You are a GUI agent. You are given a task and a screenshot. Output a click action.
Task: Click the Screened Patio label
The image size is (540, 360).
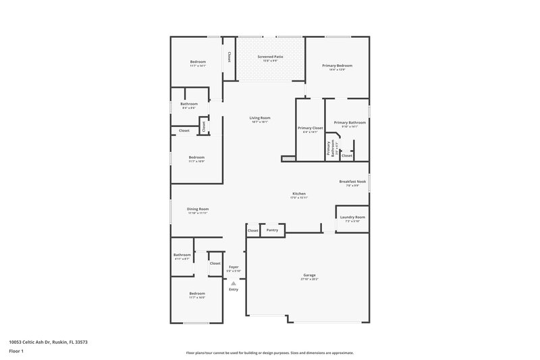(x=265, y=57)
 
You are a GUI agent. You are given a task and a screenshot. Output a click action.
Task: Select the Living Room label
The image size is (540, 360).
(x=260, y=118)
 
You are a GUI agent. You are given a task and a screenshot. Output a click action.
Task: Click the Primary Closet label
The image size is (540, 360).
(x=310, y=128)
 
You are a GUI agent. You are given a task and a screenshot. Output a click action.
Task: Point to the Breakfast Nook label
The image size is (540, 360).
(x=352, y=181)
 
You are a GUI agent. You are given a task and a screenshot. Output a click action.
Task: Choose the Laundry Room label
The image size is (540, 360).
(x=352, y=217)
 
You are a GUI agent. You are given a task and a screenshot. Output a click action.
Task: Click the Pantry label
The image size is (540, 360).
(x=272, y=230)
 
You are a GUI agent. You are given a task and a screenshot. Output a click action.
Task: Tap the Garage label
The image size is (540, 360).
(x=309, y=276)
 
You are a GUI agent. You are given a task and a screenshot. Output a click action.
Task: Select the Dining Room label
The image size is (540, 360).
(x=198, y=209)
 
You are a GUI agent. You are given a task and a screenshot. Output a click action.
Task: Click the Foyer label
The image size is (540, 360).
(x=233, y=267)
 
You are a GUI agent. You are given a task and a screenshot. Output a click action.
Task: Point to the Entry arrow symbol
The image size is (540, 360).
(x=233, y=284)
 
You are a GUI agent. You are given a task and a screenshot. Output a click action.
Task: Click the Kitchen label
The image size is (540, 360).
(x=298, y=193)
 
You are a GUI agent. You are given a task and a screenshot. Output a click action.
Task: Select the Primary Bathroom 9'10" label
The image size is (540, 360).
(x=354, y=122)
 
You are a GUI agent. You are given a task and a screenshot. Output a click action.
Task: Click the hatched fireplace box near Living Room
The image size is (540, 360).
(x=288, y=159)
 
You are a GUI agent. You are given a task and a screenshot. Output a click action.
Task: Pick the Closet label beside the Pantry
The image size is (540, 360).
(x=253, y=230)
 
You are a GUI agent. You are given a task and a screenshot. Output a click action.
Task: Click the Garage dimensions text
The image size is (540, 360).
(x=309, y=279)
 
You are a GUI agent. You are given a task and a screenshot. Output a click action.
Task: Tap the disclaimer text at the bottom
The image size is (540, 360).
(x=269, y=353)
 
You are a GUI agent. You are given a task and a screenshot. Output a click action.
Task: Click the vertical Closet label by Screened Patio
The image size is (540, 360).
(x=229, y=57)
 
